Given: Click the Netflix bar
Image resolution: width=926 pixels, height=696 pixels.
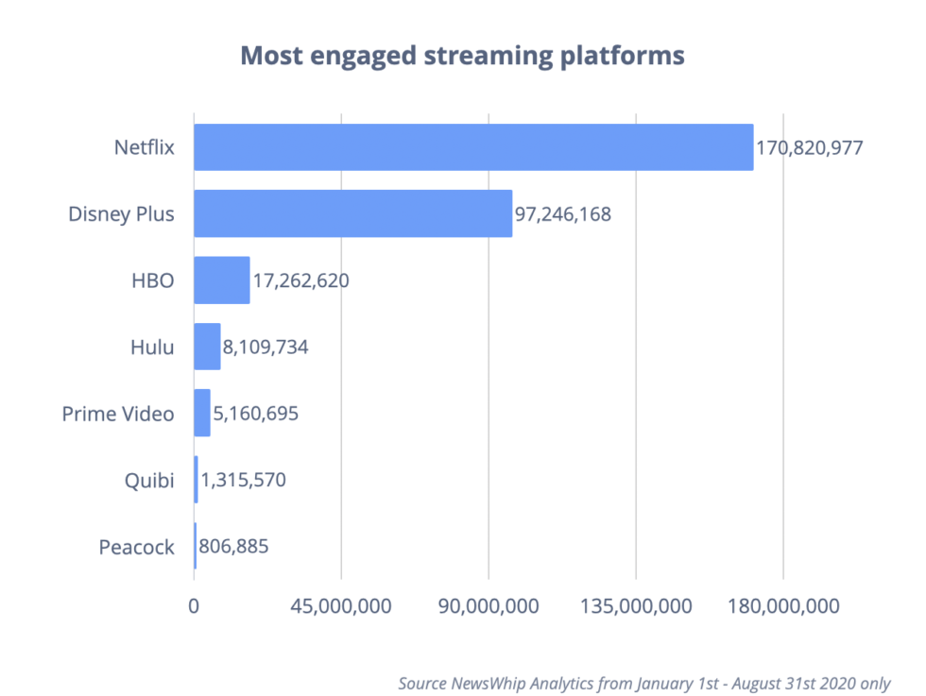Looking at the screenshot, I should point(472,147).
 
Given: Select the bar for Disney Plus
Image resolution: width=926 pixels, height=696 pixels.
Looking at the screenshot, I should point(352,213).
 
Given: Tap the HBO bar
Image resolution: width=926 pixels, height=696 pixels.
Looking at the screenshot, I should point(222,280).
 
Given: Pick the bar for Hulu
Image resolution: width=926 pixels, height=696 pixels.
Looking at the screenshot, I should point(207,347).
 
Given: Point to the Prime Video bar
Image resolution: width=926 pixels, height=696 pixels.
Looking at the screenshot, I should point(202,413).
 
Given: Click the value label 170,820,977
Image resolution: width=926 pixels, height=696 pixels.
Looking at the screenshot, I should point(809,148).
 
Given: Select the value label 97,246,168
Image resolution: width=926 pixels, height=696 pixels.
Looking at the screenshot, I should point(563,214).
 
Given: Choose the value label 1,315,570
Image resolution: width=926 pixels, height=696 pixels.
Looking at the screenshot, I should point(243,480).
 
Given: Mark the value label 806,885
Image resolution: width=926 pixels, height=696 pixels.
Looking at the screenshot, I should point(239,546).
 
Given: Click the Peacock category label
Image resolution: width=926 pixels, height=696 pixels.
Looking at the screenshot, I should point(136,547).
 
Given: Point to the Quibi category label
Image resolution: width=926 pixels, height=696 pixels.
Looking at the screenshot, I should point(150,481).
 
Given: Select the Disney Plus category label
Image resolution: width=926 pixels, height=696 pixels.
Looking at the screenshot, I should point(121,214).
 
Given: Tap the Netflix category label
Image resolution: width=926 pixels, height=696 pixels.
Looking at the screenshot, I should point(144,148).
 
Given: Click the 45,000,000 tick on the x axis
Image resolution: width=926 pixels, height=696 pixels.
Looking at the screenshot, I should point(341,606).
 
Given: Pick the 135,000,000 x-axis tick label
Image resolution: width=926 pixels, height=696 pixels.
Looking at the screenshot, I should point(636,606).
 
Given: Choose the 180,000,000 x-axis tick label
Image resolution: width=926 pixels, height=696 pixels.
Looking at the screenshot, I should point(783,606).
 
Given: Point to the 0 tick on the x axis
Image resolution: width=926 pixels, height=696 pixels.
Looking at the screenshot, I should point(194,606).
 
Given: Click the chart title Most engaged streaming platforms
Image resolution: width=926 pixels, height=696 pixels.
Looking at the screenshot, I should point(462,56).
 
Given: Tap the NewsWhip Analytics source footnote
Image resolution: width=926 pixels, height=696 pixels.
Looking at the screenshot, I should point(643,683).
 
